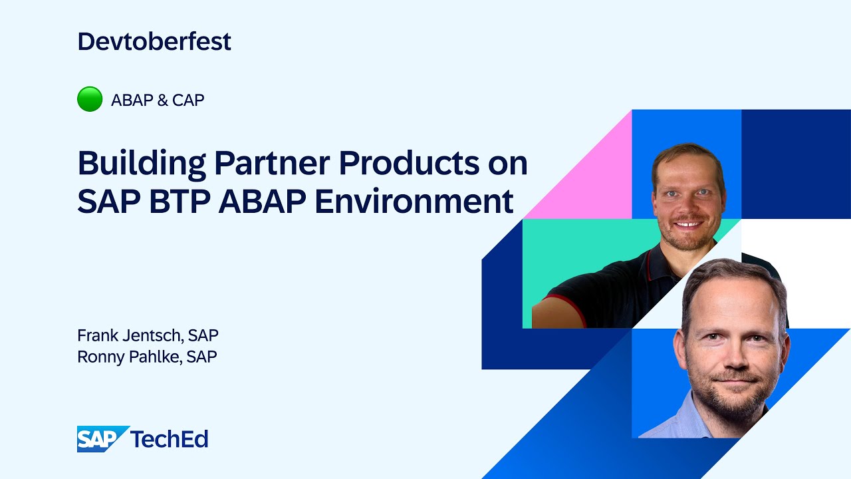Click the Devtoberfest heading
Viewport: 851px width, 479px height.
point(154,41)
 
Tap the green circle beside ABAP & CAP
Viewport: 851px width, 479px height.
point(90,100)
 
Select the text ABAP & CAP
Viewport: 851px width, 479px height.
point(158,100)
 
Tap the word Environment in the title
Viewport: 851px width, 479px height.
point(414,202)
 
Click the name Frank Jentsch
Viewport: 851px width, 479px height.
point(130,335)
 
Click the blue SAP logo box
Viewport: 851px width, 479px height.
point(101,438)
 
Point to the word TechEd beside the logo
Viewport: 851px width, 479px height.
point(170,438)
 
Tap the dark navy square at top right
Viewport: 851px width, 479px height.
point(795,163)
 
